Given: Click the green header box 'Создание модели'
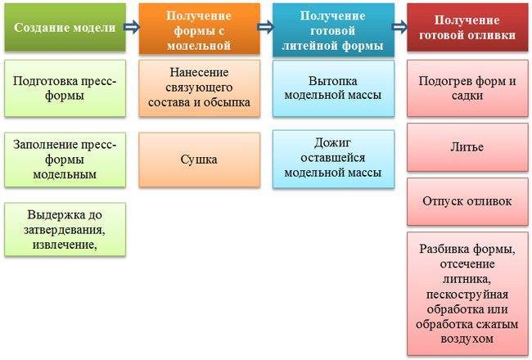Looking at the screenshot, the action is pos(65,28).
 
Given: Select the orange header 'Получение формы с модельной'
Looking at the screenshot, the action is pos(200,29).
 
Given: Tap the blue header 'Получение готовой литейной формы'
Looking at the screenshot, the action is pos(333,29).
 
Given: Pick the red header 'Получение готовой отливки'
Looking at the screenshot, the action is pos(467,28).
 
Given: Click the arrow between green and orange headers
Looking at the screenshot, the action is pos(132,27).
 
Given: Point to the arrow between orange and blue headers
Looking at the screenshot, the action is pos(266,27).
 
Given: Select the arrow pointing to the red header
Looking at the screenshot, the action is pos(399,27).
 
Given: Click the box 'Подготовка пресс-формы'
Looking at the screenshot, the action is pos(65,88).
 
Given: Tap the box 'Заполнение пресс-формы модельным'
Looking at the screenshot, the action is pos(65,160).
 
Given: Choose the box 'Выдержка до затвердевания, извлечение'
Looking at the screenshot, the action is pos(65,229).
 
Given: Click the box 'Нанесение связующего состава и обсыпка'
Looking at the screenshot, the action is pos(200,88).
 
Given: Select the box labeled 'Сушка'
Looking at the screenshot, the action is pos(200,160).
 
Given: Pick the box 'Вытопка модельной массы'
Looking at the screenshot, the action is pos(333,88).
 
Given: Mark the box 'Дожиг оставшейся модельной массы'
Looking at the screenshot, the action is pos(333,159).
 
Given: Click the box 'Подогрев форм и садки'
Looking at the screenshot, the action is pos(467,88).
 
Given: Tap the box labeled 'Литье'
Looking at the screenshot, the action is pos(467,147).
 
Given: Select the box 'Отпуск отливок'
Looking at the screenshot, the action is pos(467,201).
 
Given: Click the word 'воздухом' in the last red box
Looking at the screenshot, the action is pos(467,339).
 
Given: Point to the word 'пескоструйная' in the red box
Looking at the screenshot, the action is pos(467,295).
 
